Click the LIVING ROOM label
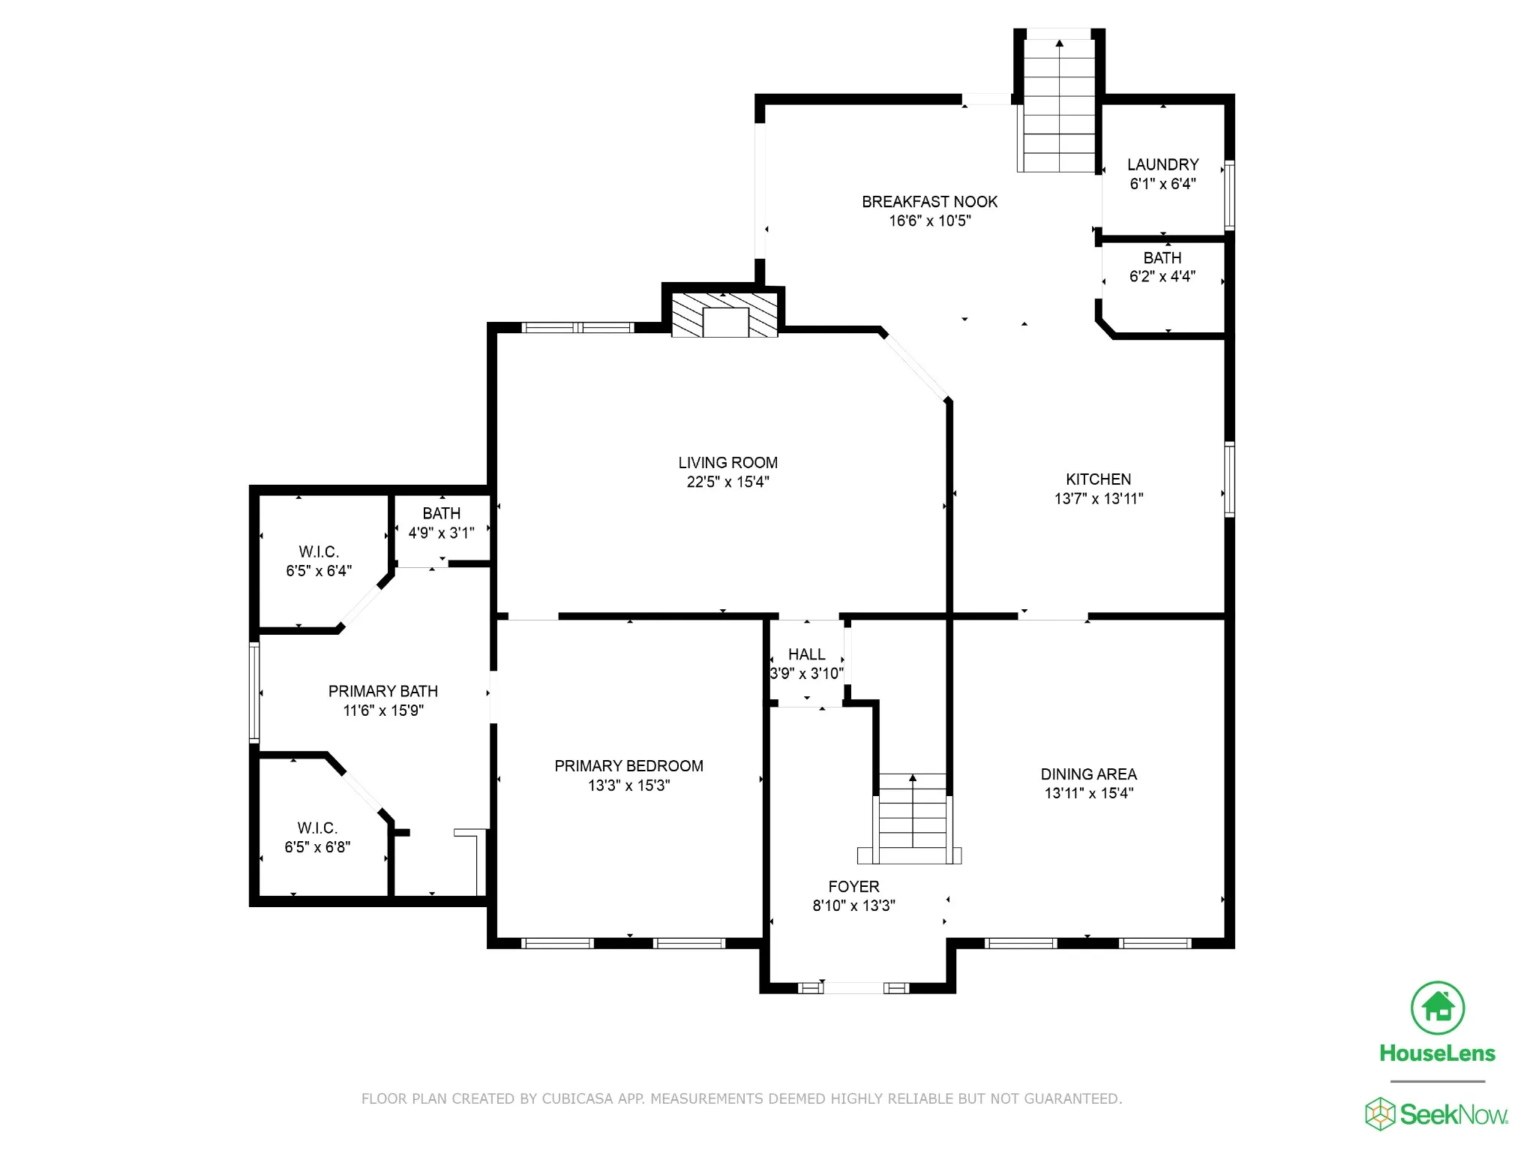727,463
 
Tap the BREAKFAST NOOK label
929,202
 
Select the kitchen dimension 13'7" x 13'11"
1099,498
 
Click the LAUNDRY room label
1162,164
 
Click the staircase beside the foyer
911,819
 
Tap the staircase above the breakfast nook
1059,105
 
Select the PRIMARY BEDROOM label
628,766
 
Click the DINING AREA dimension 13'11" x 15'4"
1089,793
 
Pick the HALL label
806,654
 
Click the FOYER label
853,887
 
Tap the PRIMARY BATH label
382,691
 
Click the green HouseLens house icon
1437,1008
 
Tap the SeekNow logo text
1453,1115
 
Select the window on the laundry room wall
1229,195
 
